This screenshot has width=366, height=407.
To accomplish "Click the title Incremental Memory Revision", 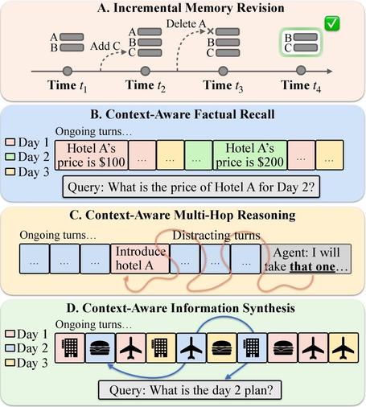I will point(183,9).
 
